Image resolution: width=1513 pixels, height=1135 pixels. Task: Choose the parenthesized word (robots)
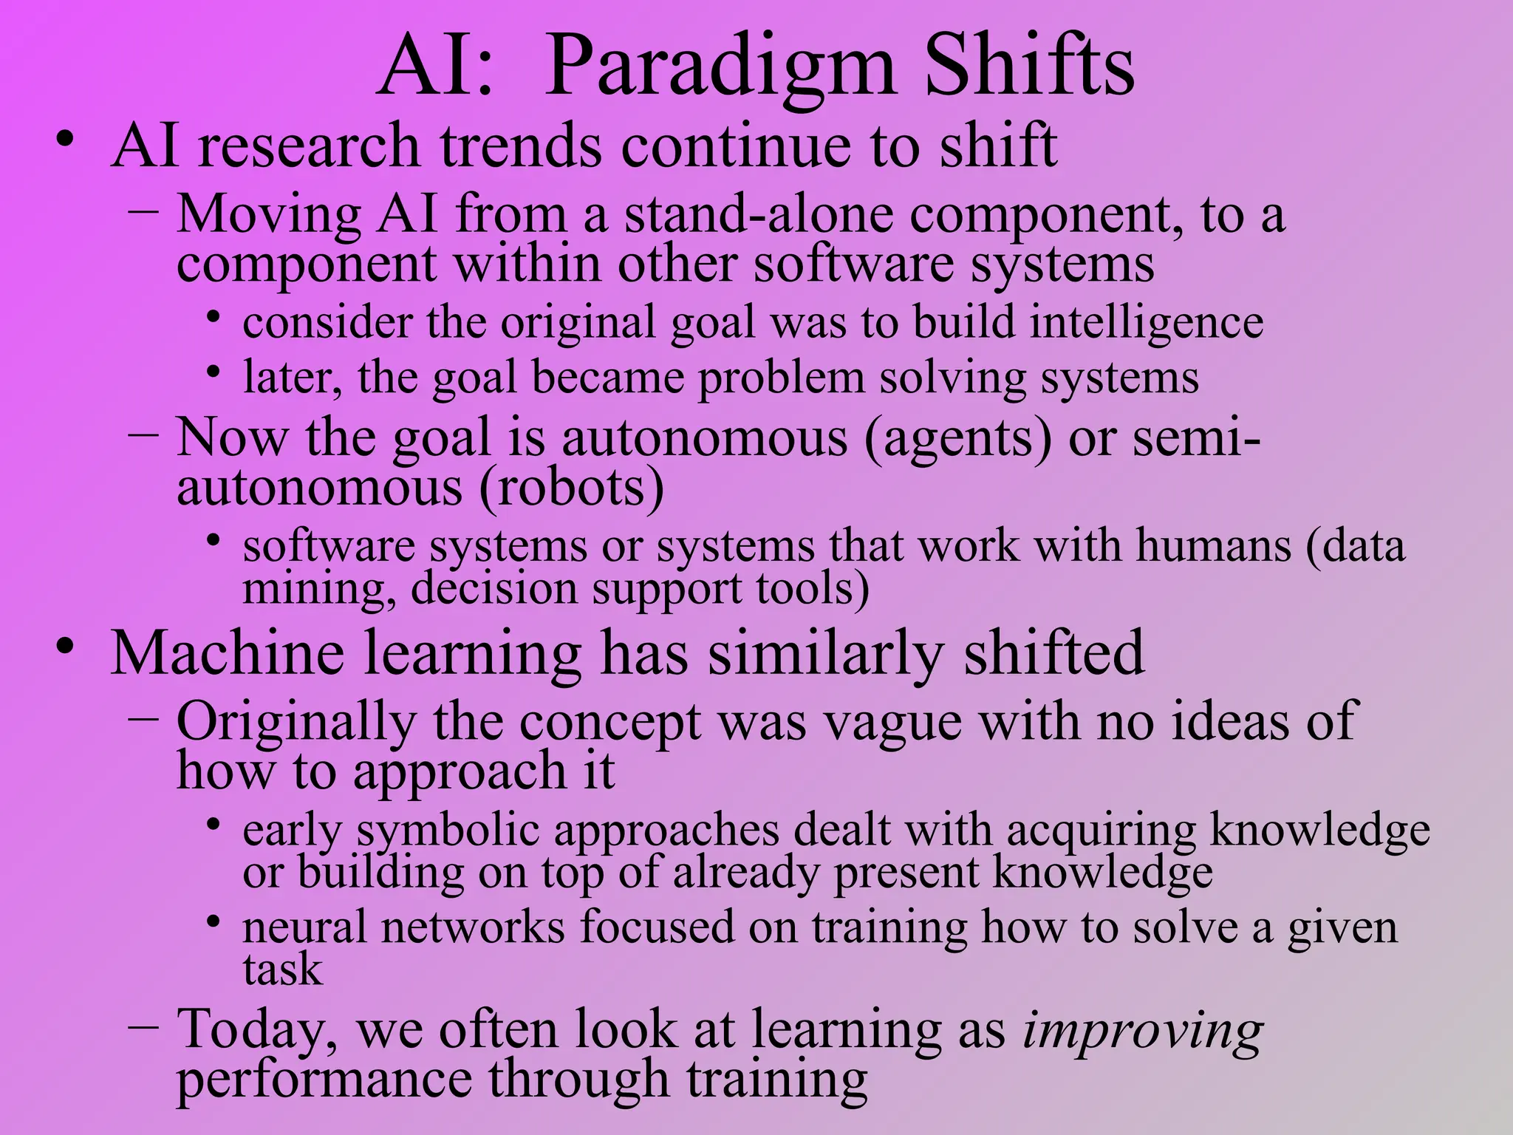tap(572, 488)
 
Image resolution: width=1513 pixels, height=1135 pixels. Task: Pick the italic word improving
tap(1142, 1030)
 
